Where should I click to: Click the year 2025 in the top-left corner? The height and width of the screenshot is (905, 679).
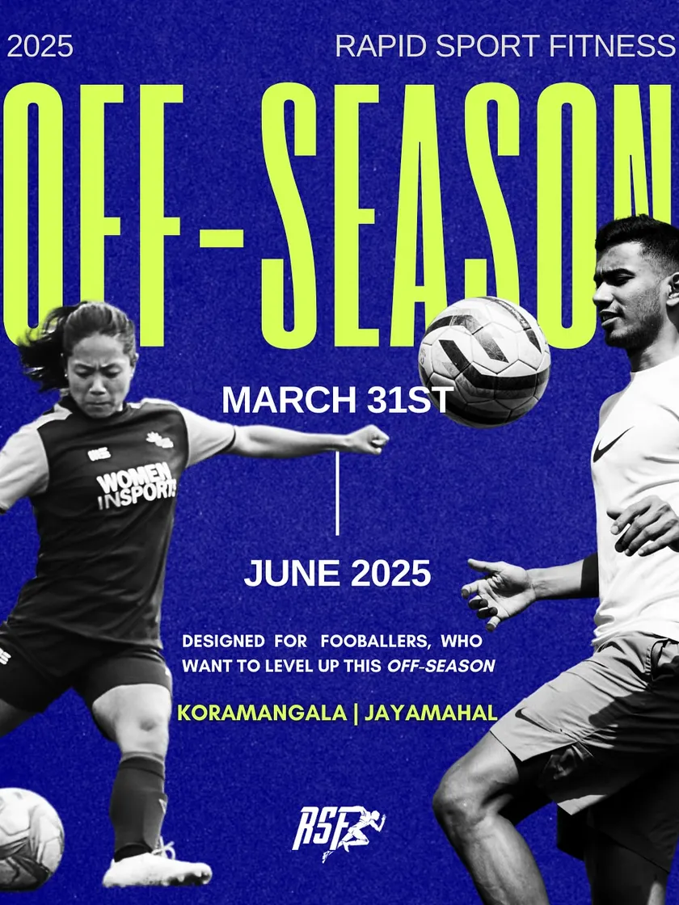pos(40,46)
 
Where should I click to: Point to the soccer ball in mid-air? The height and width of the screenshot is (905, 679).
pos(484,362)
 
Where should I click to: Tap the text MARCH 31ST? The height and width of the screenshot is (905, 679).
pos(337,399)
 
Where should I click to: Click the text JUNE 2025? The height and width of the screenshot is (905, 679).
pos(337,573)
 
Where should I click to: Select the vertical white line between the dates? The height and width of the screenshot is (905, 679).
pos(337,494)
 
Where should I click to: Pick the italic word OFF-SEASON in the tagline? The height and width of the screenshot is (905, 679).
pos(441,666)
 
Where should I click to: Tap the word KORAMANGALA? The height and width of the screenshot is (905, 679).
pos(262,713)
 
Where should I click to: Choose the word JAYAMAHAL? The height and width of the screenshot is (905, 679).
pos(431,713)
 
